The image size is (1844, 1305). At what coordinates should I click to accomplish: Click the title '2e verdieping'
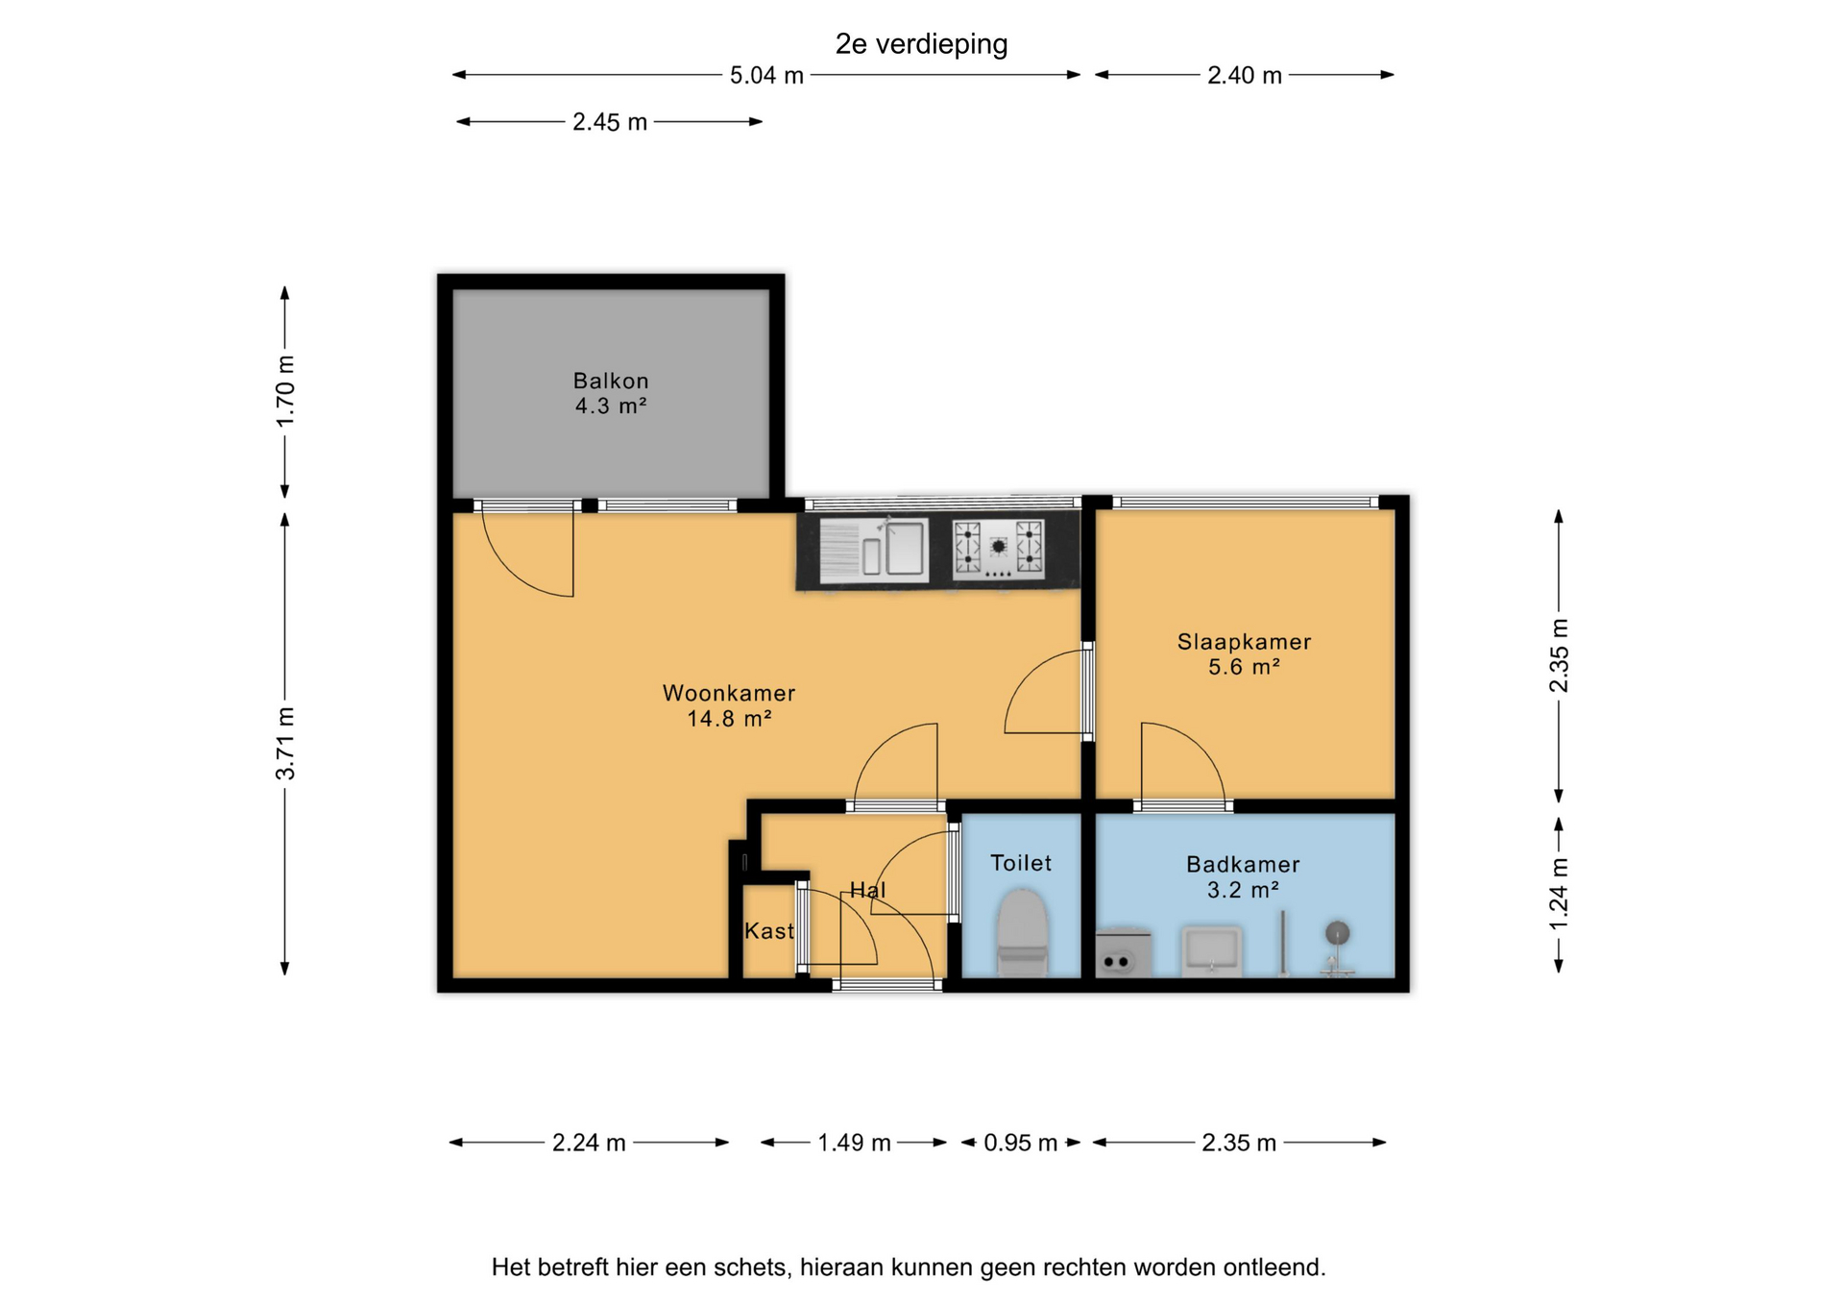coord(921,44)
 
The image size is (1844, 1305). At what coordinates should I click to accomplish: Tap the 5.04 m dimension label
coord(766,75)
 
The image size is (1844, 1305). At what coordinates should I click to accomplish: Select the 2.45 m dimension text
coord(610,122)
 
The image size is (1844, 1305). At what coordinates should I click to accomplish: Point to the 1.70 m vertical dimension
coord(285,392)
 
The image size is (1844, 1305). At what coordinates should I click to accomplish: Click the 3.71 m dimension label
coord(285,743)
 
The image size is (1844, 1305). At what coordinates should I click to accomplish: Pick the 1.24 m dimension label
coord(1559,894)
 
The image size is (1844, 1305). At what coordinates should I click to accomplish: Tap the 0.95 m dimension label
coord(1020,1143)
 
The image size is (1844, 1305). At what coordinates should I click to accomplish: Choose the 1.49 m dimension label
coord(854,1143)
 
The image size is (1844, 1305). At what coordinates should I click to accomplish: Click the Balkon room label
coord(611,393)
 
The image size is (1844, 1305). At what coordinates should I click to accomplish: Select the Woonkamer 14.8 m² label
coord(729,705)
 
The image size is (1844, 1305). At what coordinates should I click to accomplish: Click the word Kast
coord(769,930)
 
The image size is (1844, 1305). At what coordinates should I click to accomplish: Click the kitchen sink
coord(874,551)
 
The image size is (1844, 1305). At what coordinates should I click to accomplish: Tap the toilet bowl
coord(1021,932)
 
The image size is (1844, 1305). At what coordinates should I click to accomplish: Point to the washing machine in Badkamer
coord(1124,953)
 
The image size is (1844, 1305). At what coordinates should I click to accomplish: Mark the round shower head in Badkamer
coord(1338,932)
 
